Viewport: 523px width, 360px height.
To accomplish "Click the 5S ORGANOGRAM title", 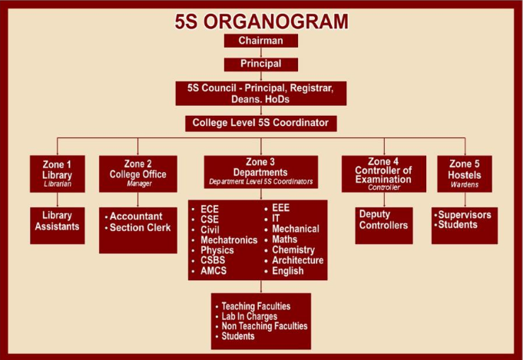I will click(261, 21).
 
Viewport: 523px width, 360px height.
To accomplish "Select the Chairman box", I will click(260, 41).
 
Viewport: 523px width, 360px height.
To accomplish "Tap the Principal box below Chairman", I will click(260, 64).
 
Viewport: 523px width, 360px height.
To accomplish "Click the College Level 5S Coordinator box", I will click(260, 123).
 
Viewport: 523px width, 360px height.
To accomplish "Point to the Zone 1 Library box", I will click(58, 173).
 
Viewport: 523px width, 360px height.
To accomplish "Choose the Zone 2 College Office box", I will click(138, 173).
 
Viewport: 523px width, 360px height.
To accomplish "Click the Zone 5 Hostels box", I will click(465, 173).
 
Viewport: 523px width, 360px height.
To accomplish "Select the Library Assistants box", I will click(58, 220).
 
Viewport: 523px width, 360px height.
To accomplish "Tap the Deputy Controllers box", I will click(383, 220).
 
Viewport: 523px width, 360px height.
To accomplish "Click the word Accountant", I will click(135, 216).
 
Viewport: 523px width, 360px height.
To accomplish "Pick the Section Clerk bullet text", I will click(140, 227).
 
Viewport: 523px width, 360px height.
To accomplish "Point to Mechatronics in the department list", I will click(229, 240).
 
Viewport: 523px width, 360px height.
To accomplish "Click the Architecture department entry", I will click(297, 260).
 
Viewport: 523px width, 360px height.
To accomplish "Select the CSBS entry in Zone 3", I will click(214, 261).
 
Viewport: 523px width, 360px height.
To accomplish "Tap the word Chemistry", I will click(293, 250).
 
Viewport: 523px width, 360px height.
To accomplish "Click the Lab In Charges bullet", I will click(249, 316).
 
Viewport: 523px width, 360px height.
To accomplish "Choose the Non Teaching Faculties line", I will click(264, 326).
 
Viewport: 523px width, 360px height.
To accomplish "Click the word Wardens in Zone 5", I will click(465, 184).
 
